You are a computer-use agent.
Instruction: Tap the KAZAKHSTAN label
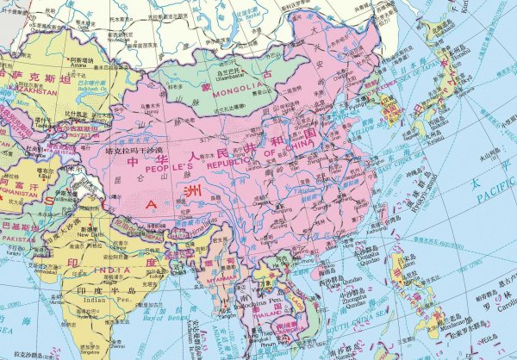[19, 88]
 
